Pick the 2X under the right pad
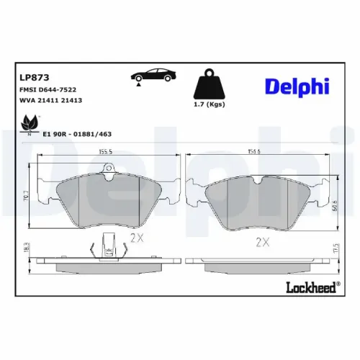pyautogui.click(x=261, y=242)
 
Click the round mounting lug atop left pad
pyautogui.click(x=109, y=171)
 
